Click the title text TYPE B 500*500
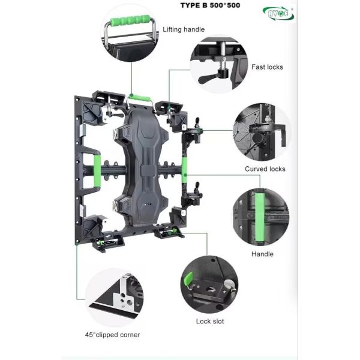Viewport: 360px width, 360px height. [x=210, y=5]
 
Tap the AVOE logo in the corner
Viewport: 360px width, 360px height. [x=278, y=13]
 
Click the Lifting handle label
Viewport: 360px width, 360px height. [x=184, y=29]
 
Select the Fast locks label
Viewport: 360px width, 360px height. [x=267, y=67]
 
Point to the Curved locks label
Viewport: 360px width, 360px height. [x=265, y=169]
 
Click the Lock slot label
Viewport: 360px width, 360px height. [x=210, y=321]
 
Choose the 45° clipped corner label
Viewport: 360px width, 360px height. [x=113, y=335]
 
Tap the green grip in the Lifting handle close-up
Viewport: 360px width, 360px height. [x=130, y=20]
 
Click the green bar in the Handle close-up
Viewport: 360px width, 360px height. [x=260, y=217]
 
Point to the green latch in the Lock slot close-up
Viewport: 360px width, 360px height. [x=188, y=280]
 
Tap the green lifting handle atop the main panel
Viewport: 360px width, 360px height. [x=140, y=97]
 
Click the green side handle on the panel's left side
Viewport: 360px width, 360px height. [x=97, y=170]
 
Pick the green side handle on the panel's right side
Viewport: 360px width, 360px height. [x=184, y=166]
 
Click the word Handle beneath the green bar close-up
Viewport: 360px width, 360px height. [x=262, y=254]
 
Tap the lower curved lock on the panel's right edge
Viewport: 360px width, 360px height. [x=193, y=195]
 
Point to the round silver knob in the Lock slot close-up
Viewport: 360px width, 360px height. [x=229, y=284]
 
